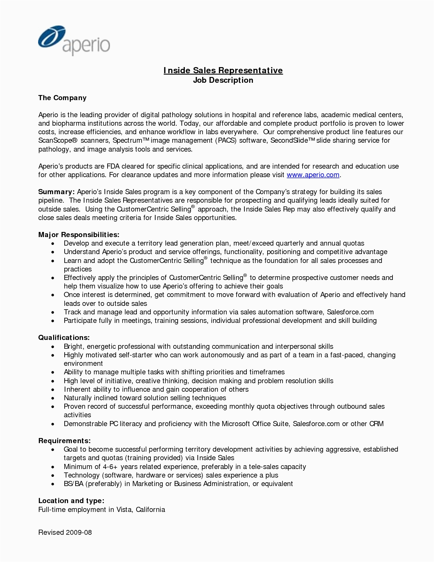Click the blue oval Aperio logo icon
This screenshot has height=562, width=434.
52,36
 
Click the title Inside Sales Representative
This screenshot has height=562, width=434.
223,71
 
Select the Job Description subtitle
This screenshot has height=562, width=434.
223,80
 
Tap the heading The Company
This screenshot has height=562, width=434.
62,98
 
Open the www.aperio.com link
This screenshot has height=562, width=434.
313,175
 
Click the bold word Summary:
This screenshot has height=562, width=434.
56,192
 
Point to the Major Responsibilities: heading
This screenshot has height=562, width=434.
79,235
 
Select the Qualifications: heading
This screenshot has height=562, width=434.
64,338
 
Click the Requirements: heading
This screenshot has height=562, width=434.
64,441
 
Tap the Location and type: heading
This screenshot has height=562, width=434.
71,501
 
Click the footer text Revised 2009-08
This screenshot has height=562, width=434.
65,532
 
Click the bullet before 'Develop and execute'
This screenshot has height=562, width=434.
53,244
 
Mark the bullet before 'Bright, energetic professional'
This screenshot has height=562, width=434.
53,347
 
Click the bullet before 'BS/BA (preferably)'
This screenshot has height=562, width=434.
53,484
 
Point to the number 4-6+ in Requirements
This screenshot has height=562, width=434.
109,467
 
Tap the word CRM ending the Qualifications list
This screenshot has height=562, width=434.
376,424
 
